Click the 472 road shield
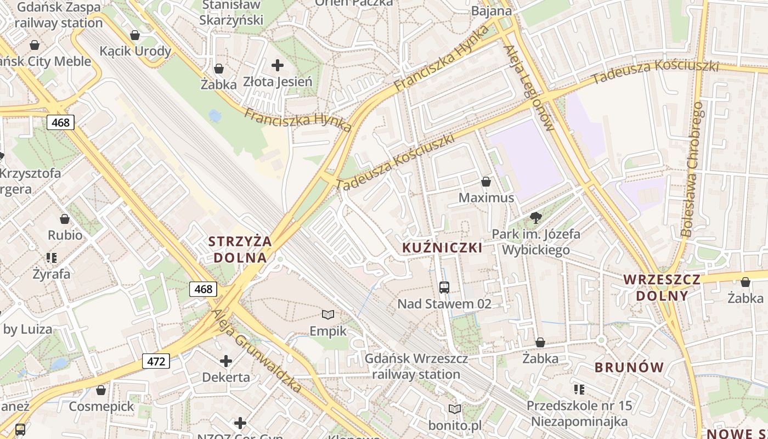click(x=156, y=361)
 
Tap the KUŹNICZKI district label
click(x=442, y=247)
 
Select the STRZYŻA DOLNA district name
click(x=240, y=249)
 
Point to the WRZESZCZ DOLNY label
click(x=662, y=288)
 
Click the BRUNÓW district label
click(x=629, y=367)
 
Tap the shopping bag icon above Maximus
click(x=485, y=182)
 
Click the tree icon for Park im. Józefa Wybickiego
click(x=536, y=218)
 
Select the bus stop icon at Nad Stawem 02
click(x=444, y=287)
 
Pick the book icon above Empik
click(x=328, y=314)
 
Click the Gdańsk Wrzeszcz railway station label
click(x=416, y=367)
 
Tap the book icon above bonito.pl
click(x=455, y=409)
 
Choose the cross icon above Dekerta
click(x=226, y=361)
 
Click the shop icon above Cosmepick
click(x=101, y=390)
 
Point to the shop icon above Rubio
click(x=65, y=219)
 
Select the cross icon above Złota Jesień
click(x=278, y=65)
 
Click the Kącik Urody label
click(x=135, y=51)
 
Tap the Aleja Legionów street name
click(x=529, y=88)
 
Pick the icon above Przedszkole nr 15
click(x=579, y=390)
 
